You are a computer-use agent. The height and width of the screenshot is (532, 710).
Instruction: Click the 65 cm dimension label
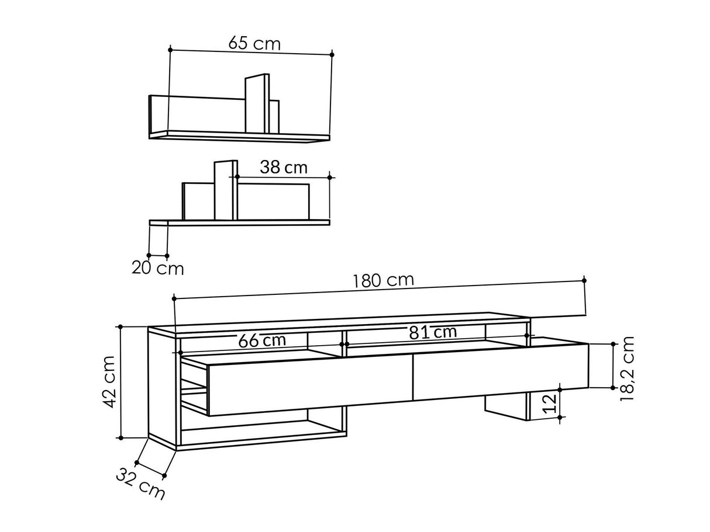tap(254, 44)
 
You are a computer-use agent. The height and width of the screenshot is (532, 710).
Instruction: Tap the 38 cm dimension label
tap(284, 168)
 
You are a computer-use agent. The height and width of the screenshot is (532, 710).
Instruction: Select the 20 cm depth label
tap(157, 269)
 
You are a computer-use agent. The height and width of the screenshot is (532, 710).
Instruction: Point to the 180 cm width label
tap(384, 280)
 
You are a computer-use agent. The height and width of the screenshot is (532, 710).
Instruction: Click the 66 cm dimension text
tap(262, 340)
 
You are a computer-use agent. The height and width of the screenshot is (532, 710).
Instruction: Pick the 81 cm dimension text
tap(433, 332)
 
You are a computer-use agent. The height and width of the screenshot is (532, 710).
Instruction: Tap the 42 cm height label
tap(109, 383)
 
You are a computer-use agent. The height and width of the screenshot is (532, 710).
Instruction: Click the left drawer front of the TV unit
tap(310, 385)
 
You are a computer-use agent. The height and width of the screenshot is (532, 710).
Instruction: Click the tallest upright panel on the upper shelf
tap(256, 104)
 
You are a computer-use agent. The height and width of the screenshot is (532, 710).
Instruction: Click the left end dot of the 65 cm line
tap(170, 50)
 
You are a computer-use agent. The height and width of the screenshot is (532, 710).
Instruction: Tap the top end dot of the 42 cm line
tap(120, 327)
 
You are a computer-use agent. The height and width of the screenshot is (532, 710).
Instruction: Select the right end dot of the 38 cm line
tap(330, 177)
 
